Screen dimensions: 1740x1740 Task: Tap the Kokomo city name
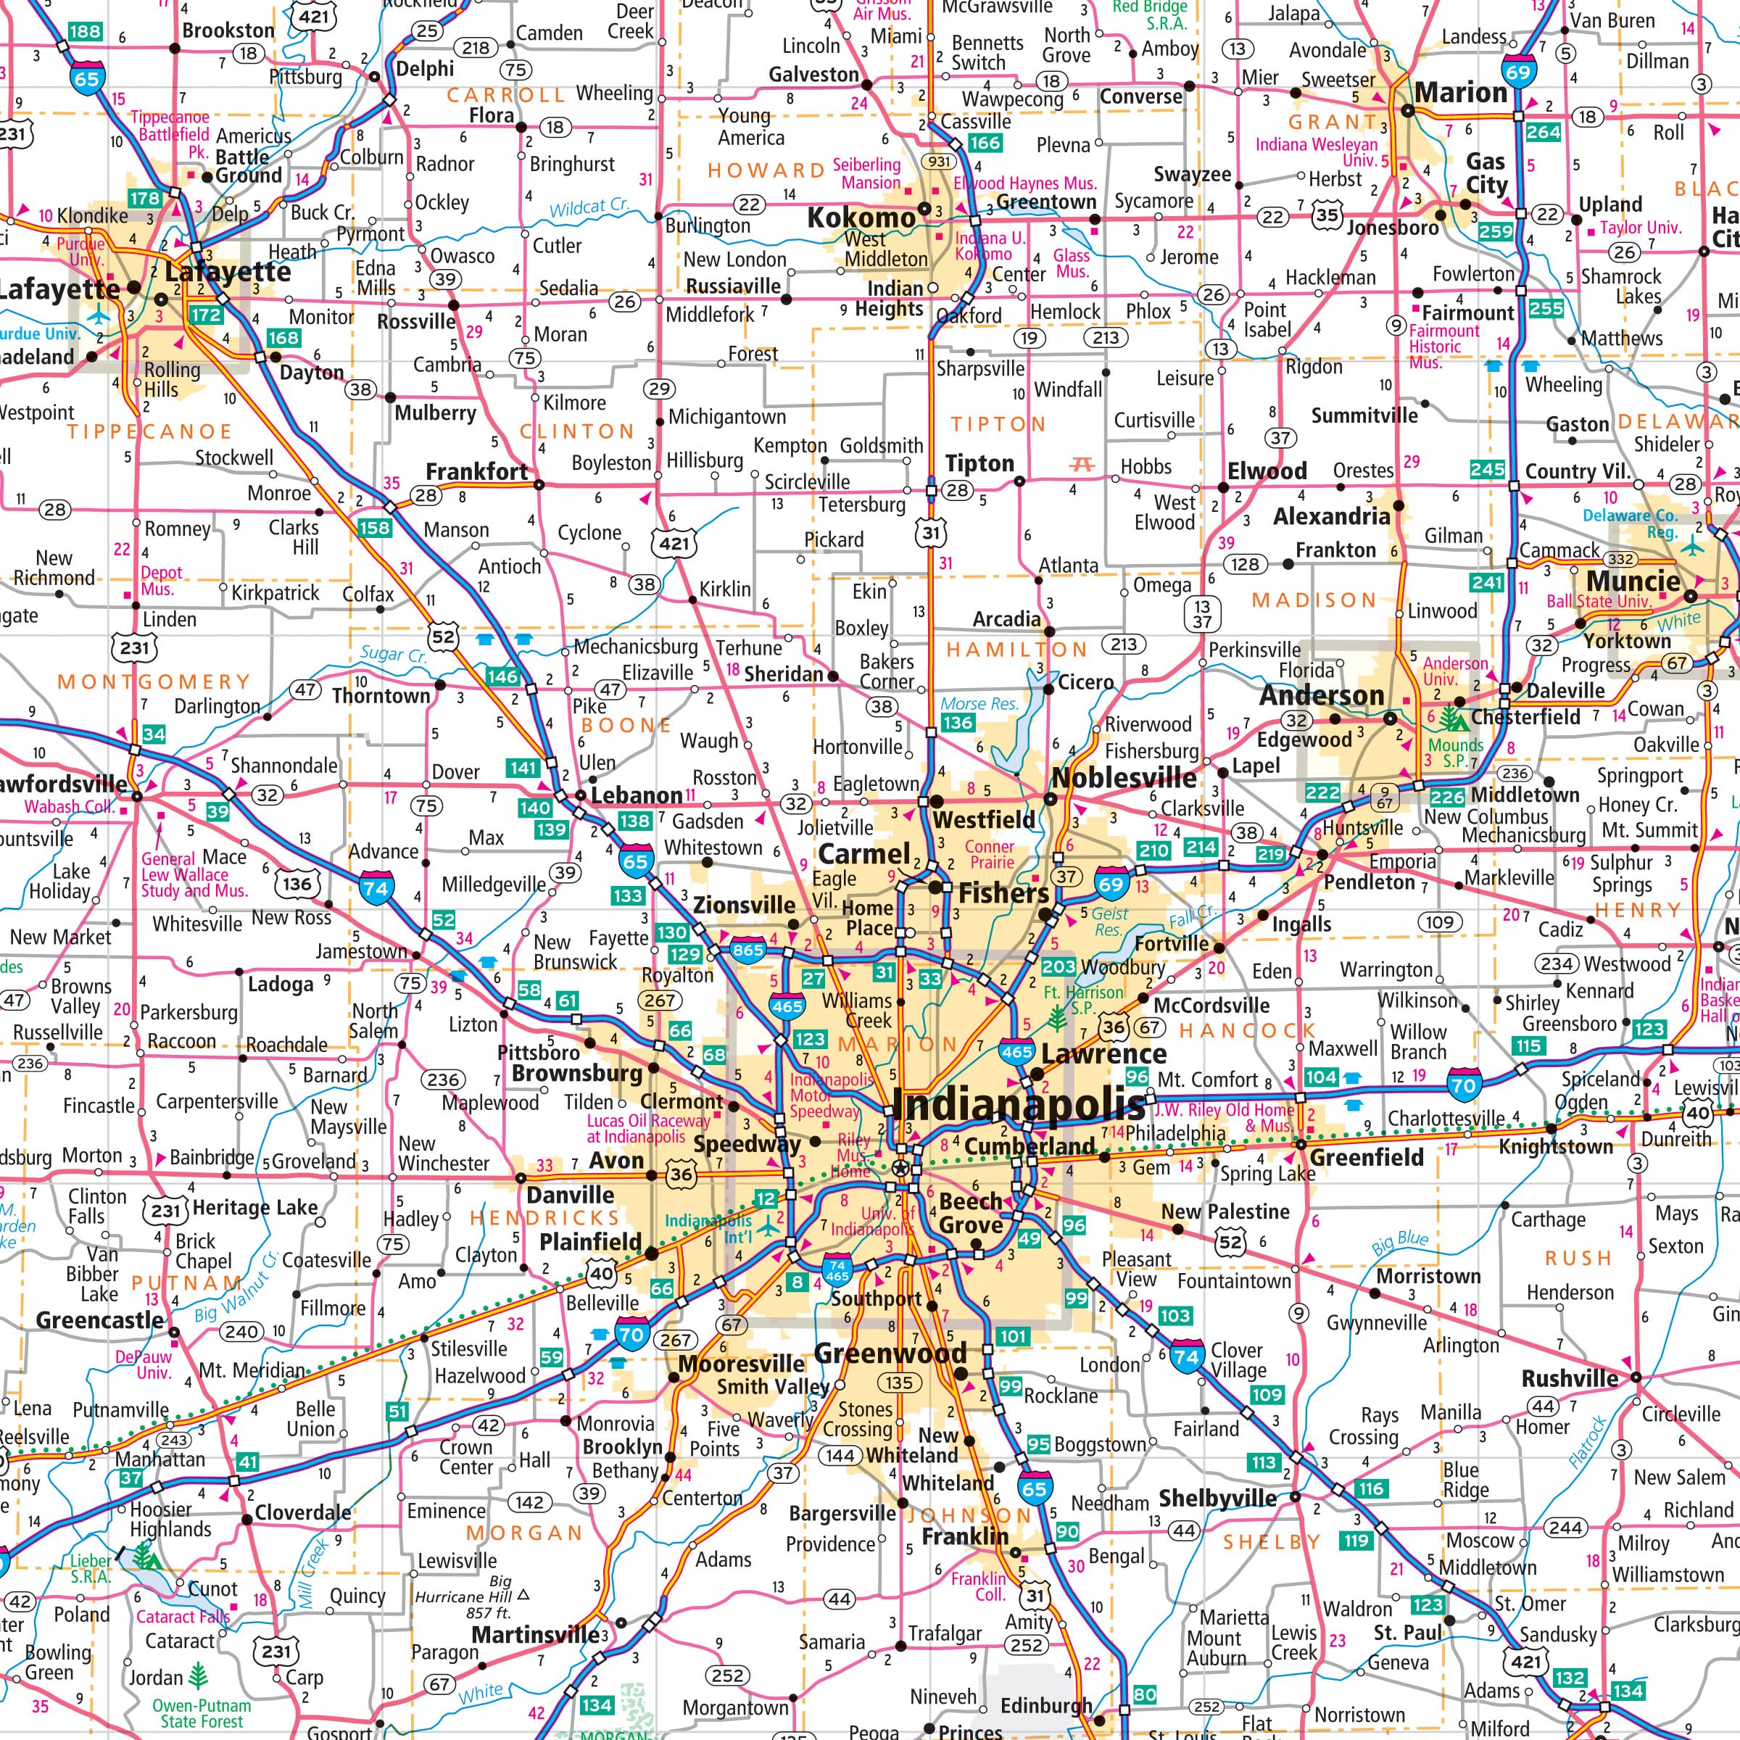(861, 218)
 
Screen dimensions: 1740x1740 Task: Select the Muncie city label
(1633, 581)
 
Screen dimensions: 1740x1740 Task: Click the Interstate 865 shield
(747, 949)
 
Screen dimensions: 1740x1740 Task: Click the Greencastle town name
(100, 1320)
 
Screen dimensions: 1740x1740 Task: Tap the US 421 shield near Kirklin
(674, 543)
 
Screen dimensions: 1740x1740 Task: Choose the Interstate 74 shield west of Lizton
(376, 887)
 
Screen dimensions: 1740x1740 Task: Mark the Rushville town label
(1570, 1379)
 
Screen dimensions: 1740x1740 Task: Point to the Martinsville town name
(535, 1633)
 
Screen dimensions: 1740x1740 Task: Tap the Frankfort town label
(476, 472)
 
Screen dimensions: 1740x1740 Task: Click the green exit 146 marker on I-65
(502, 676)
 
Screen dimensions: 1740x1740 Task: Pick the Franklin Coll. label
(979, 1587)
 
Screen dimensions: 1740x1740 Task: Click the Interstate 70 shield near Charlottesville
(1464, 1085)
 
